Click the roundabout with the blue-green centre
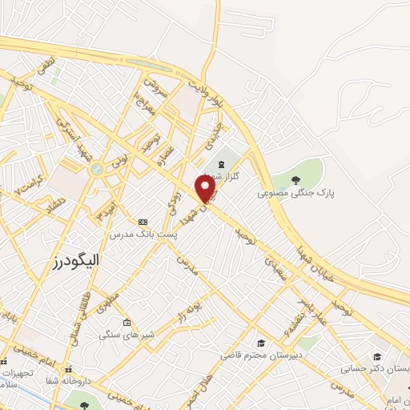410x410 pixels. coord(97,169)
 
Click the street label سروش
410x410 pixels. coord(155,88)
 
